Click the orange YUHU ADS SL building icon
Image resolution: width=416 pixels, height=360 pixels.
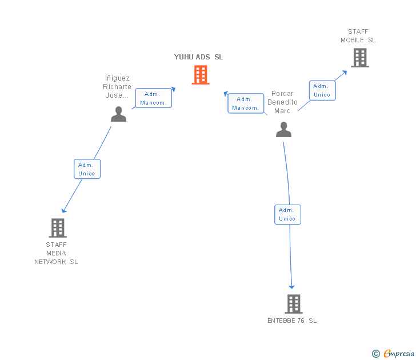(x=201, y=75)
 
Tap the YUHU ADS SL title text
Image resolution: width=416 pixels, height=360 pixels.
(x=198, y=57)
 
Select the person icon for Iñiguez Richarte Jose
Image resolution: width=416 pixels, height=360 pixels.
(x=119, y=114)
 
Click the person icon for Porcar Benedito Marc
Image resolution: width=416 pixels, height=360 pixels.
(x=283, y=130)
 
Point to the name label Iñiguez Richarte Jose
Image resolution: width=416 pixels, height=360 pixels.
(x=117, y=87)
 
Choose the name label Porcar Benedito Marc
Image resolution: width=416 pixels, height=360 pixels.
(x=282, y=102)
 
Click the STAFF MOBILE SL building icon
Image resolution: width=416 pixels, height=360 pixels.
(x=360, y=58)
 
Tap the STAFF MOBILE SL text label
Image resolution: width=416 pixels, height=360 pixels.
(x=358, y=36)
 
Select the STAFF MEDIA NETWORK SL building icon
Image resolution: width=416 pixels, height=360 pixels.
(x=58, y=228)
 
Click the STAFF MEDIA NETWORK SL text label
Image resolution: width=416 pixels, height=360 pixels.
(x=56, y=253)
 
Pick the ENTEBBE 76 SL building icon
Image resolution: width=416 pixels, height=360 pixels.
(x=294, y=304)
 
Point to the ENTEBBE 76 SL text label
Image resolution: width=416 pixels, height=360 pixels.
(x=292, y=321)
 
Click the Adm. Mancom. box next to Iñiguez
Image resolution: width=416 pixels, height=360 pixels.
(x=154, y=98)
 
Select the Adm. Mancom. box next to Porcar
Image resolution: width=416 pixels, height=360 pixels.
(x=246, y=103)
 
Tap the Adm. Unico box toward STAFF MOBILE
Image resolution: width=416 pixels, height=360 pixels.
(x=322, y=90)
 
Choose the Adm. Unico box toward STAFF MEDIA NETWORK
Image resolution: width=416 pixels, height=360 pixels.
(x=87, y=169)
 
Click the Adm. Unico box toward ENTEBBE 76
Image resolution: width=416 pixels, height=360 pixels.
(x=287, y=215)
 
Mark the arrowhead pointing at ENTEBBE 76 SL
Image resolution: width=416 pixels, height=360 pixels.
(x=291, y=287)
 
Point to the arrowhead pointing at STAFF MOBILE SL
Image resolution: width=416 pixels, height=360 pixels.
(x=345, y=73)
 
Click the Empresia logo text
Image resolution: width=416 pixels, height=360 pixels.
(x=399, y=353)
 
